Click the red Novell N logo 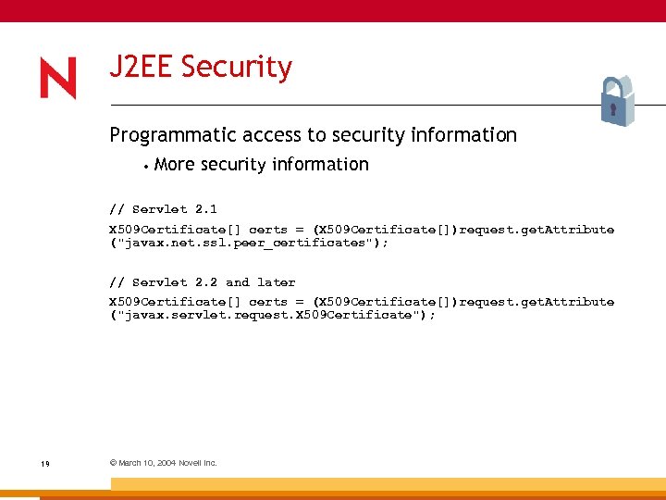coord(57,79)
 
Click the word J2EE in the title coord(142,68)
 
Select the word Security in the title coord(237,68)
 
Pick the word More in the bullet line coord(175,165)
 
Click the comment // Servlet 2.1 coord(163,209)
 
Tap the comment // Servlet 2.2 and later coord(202,282)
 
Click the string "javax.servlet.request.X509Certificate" coord(268,315)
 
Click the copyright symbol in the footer coord(113,463)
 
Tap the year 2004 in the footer coord(166,463)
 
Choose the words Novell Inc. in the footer coord(198,463)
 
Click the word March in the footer coord(129,463)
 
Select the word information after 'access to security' coord(462,135)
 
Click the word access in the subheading coord(272,135)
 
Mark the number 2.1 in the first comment coord(205,209)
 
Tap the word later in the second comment coord(277,282)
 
